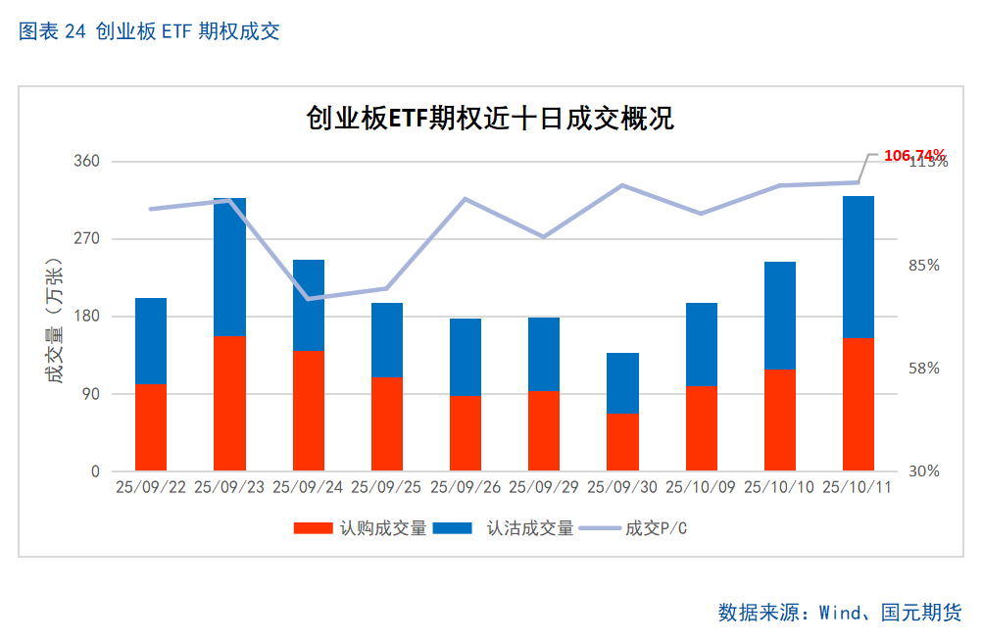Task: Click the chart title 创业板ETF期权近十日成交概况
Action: [x=490, y=120]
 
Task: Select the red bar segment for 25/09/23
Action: [x=229, y=403]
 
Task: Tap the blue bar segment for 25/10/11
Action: [x=858, y=267]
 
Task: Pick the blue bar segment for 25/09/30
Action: [x=622, y=382]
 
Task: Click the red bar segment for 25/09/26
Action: [x=466, y=432]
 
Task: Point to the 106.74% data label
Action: [x=913, y=155]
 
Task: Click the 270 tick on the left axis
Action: [x=88, y=238]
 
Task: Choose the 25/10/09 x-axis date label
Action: [x=701, y=487]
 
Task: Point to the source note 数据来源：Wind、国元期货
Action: [x=839, y=613]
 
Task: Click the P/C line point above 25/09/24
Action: [x=309, y=298]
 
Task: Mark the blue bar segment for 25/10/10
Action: [x=779, y=316]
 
